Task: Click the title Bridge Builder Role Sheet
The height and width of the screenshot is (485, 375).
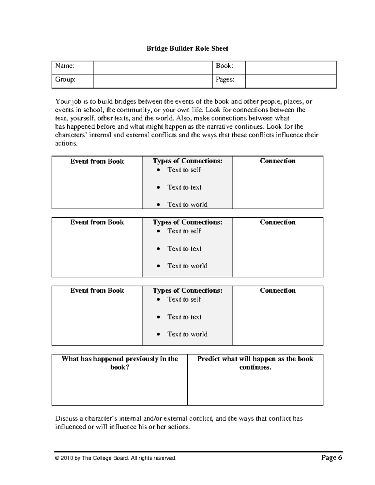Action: [x=187, y=48]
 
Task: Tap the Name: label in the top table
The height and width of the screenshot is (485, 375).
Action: [x=65, y=66]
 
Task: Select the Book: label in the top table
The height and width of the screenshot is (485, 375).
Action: [x=225, y=66]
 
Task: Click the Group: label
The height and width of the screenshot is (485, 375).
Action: [x=65, y=80]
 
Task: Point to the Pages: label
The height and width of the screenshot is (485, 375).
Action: [x=225, y=80]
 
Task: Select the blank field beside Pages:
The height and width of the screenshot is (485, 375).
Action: [x=291, y=82]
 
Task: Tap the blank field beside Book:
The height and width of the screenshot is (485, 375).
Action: [x=291, y=68]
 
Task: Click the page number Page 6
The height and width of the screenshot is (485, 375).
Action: [x=332, y=458]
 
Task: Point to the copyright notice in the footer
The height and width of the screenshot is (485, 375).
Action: [x=116, y=458]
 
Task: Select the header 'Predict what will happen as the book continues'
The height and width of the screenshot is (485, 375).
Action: [x=255, y=363]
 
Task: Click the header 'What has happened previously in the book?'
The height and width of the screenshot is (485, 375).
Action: [x=120, y=363]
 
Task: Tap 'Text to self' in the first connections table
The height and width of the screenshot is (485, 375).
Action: [x=184, y=170]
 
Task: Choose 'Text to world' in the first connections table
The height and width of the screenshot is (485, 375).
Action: [x=187, y=205]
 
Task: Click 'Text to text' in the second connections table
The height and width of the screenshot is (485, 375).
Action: [x=184, y=249]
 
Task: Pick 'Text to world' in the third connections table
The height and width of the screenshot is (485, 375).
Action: [x=187, y=334]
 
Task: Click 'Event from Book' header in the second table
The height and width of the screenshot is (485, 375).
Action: [x=97, y=222]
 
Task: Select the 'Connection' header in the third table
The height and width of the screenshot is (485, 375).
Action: [x=277, y=290]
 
